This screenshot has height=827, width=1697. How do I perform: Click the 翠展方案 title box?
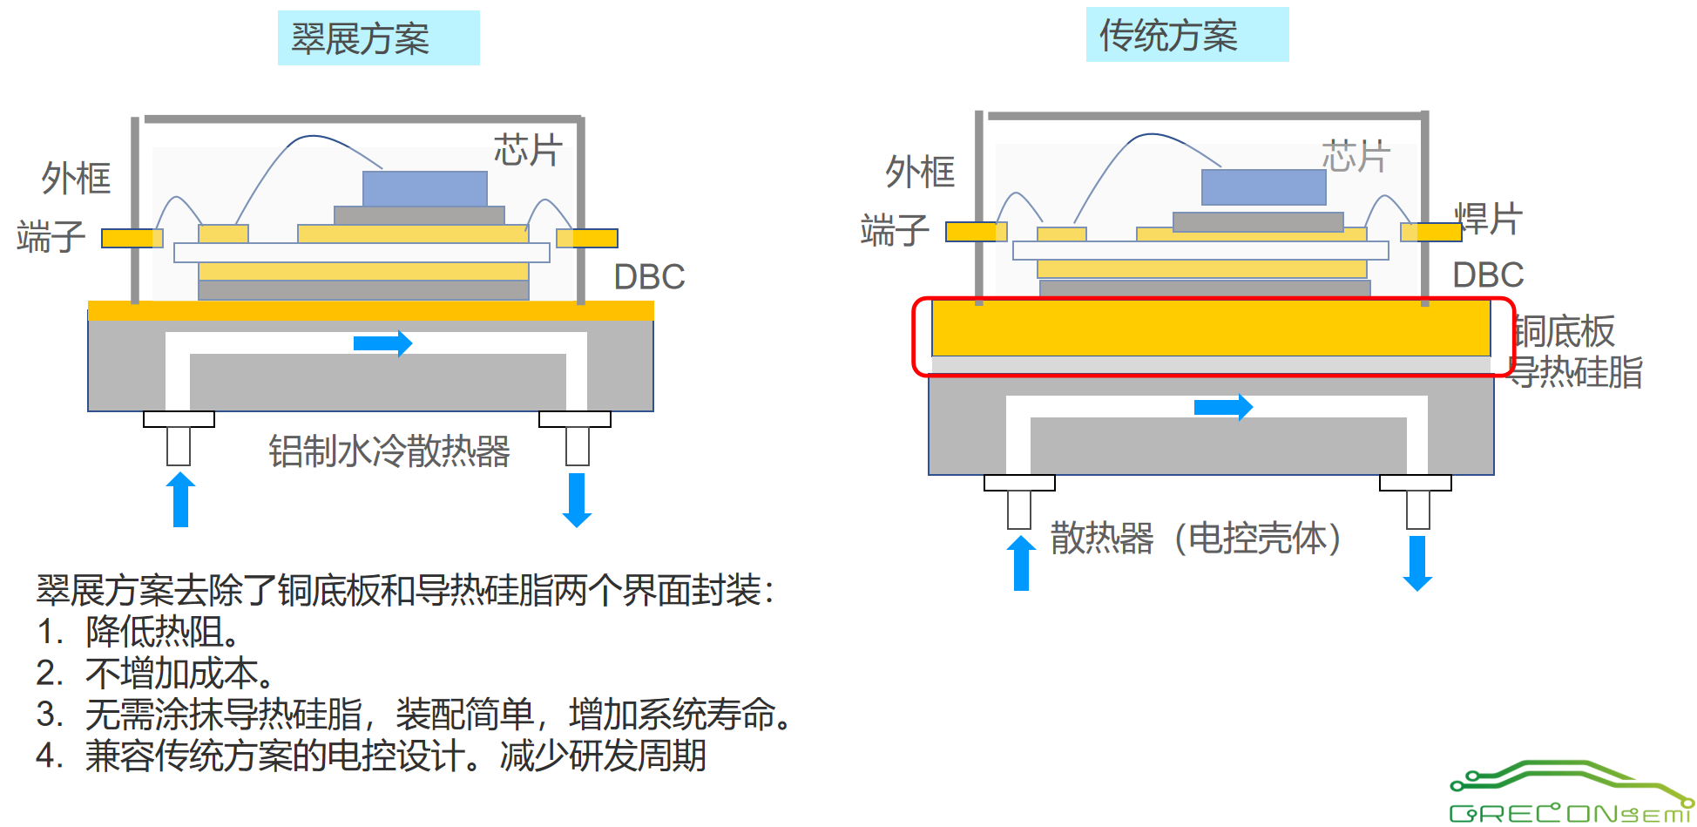(378, 38)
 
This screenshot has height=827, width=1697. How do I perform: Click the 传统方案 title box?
(1187, 35)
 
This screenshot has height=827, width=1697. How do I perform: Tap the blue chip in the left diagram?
(424, 188)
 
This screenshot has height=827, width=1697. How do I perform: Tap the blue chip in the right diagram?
(1263, 186)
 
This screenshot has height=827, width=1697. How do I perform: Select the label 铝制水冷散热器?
(389, 451)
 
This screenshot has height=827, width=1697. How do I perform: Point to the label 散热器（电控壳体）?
(1195, 538)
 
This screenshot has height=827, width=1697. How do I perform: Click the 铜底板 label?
(1565, 331)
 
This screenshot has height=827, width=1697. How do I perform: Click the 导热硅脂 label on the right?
(1575, 372)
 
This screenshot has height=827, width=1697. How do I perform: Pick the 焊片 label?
(1490, 219)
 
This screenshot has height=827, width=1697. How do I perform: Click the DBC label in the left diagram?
(649, 277)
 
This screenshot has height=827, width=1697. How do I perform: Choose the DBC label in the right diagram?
(1488, 275)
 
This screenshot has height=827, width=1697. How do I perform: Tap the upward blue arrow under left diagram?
(180, 499)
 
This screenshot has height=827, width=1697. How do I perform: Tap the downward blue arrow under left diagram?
(577, 500)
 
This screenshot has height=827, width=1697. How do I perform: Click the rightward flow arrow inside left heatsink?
(382, 343)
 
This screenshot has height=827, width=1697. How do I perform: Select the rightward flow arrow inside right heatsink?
(1223, 407)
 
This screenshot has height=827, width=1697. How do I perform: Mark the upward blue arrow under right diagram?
(1021, 563)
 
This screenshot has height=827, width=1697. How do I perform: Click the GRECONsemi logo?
(1570, 793)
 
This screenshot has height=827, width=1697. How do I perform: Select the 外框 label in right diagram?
(920, 172)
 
